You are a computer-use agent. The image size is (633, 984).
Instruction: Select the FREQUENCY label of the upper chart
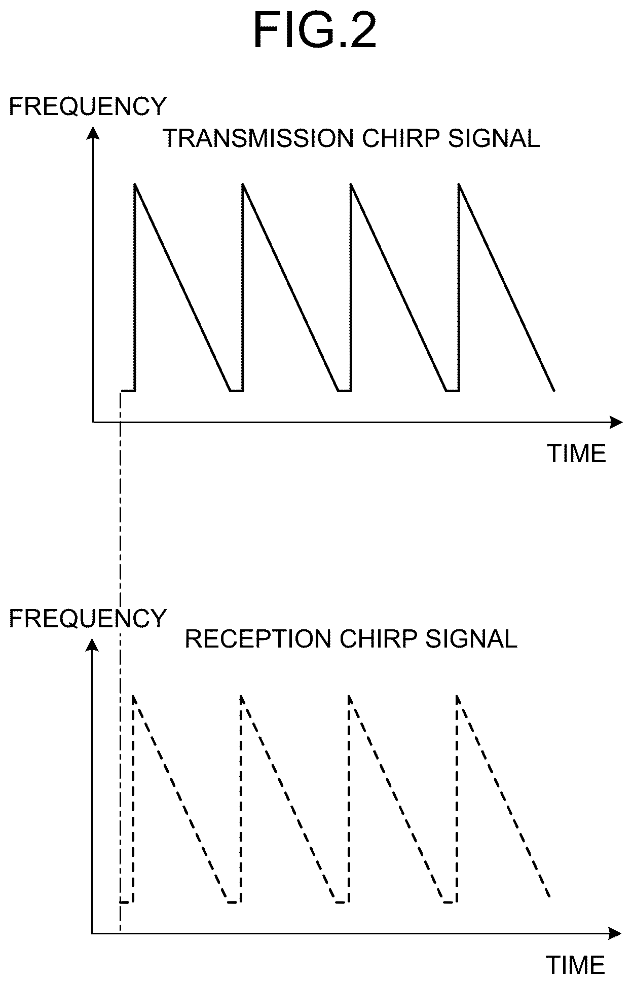coord(88,106)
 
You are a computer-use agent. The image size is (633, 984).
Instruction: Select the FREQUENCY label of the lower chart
coord(88,618)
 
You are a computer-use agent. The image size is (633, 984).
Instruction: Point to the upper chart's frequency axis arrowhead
coord(93,132)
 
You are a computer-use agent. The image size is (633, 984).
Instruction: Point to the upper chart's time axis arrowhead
coord(616,422)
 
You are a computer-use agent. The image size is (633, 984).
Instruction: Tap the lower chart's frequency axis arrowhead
coord(92,644)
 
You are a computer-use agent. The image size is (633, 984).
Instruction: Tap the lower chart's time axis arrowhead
coord(615,933)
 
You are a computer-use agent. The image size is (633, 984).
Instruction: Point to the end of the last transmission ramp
coord(554,391)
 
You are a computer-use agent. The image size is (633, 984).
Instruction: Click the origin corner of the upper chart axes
coord(93,422)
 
